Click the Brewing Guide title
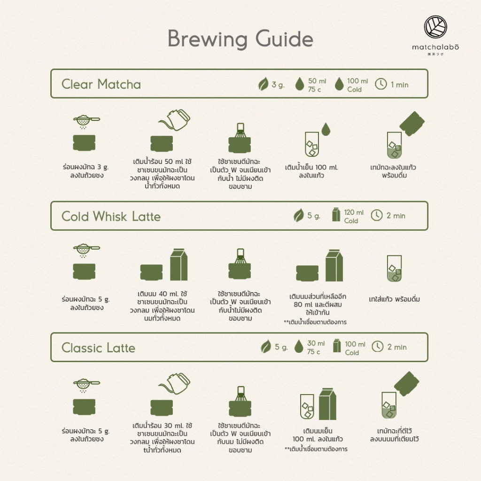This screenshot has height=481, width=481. point(240,39)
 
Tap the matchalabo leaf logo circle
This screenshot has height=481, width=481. point(435,27)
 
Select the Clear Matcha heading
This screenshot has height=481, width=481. point(101,84)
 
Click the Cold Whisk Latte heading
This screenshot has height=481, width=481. point(111,216)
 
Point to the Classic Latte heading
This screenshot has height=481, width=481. point(98,348)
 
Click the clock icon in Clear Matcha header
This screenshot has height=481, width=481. point(381,84)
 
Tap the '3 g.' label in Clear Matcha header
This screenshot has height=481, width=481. point(278,85)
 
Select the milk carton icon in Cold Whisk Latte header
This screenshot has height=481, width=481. point(336,214)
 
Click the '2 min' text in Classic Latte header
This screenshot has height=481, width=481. point(397,347)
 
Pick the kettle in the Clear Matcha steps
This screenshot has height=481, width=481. point(175,120)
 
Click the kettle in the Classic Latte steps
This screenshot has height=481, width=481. point(175,383)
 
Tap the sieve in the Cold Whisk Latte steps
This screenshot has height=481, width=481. point(86,249)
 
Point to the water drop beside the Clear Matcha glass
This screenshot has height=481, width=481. point(326,129)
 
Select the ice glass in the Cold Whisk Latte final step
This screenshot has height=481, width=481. point(394,269)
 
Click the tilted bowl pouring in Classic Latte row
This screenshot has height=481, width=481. point(406,384)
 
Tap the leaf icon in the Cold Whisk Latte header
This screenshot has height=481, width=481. point(298,215)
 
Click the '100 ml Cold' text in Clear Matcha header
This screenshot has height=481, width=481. point(357,85)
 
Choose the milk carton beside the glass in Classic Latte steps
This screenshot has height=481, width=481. point(327,404)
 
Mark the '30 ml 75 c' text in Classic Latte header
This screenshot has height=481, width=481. point(316,347)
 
